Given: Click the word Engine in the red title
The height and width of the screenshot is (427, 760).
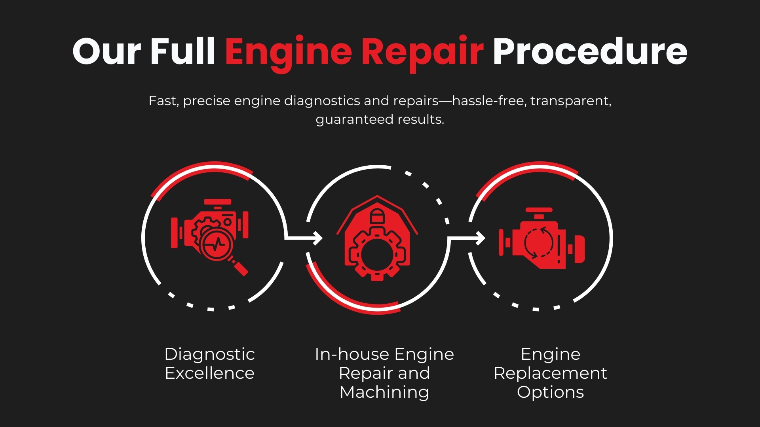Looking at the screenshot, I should click(288, 52).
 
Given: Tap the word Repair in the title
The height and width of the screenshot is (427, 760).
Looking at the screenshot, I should click(422, 52).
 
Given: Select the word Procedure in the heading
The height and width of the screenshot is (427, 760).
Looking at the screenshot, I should click(590, 51).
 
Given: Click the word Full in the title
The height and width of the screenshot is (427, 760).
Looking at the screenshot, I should click(182, 51).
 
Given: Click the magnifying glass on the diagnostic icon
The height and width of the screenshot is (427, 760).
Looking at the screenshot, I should click(220, 247).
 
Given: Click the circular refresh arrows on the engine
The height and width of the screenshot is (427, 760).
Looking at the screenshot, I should click(539, 242).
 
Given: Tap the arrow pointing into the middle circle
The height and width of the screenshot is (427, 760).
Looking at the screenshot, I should click(305, 238).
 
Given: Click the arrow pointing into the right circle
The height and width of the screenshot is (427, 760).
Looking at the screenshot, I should click(468, 238).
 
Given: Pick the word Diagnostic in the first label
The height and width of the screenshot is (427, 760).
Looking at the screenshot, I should click(209, 354).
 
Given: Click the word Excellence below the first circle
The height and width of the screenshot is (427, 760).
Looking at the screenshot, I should click(209, 373).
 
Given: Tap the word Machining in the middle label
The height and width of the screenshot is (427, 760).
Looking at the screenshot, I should click(384, 392).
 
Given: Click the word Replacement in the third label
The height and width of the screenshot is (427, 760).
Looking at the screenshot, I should click(550, 373).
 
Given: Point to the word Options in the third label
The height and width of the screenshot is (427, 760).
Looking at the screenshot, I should click(550, 392).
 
